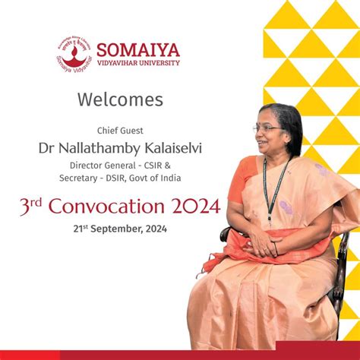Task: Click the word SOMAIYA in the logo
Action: [x=139, y=51]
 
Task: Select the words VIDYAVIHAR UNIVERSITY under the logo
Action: [x=139, y=63]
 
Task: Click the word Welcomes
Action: [x=120, y=99]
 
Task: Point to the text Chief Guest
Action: [x=120, y=131]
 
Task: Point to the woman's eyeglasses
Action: [x=267, y=129]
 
